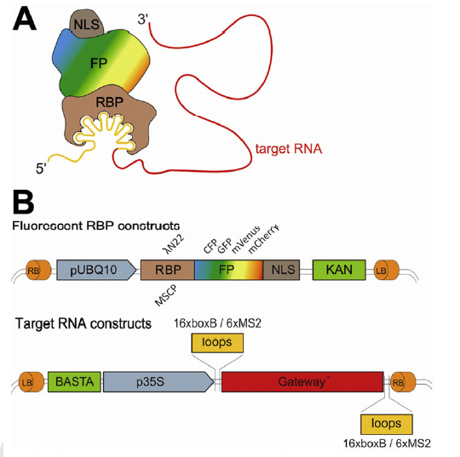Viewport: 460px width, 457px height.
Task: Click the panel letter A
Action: [x=25, y=20]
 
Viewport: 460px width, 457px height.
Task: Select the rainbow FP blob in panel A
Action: [x=102, y=63]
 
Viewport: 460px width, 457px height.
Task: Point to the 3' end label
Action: [x=142, y=18]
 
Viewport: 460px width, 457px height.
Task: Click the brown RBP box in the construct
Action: [x=168, y=271]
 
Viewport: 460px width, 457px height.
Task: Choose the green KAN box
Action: [x=338, y=271]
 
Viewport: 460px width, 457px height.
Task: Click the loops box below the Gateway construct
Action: [x=385, y=422]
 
